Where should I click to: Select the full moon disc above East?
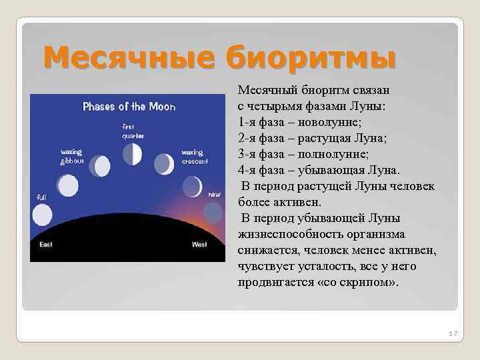tap(42, 215)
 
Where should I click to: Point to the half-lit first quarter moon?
tap(133, 155)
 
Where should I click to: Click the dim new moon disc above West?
tap(213, 212)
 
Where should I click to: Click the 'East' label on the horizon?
tap(45, 245)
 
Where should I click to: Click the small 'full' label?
tap(41, 197)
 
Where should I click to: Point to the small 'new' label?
tap(214, 194)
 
